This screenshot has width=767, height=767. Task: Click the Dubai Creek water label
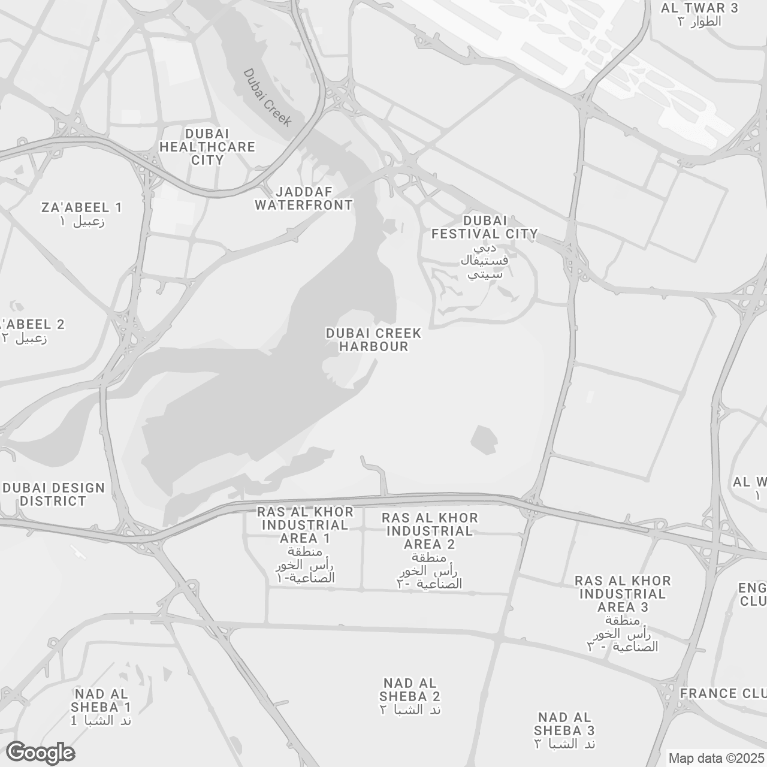pos(267,97)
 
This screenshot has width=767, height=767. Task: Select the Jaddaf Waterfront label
pos(304,198)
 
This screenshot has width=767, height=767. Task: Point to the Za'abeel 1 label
pos(81,207)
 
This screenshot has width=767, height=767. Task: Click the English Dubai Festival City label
pos(485,227)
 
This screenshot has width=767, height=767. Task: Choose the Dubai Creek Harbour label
pos(373,340)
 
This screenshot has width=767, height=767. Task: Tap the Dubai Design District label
pos(54,494)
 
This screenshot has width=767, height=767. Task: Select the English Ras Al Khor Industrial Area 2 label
pos(430,531)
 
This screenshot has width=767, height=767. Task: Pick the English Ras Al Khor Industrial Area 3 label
pos(623,594)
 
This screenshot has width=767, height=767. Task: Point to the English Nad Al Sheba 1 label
pos(102,700)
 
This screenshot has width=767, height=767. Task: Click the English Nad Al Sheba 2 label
pos(410,689)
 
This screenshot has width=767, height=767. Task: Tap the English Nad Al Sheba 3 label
pos(564,723)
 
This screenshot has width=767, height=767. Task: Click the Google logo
pos(40,753)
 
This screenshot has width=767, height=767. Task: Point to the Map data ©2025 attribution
pos(717,759)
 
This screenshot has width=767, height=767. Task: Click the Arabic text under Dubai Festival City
pos(485,261)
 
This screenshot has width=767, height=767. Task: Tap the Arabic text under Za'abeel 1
pos(82,222)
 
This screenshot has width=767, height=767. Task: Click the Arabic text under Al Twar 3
pos(699,22)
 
